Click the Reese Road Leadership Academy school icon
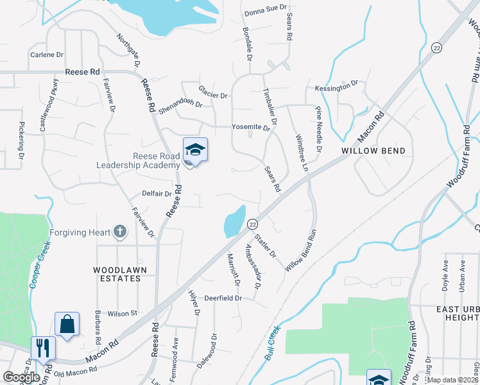[195, 150]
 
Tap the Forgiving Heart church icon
[119, 232]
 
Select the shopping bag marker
[67, 325]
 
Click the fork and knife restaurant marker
[43, 348]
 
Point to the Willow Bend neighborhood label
[373, 151]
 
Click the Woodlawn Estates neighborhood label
[117, 274]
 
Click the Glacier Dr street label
[213, 94]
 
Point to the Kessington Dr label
[336, 86]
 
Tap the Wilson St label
[123, 313]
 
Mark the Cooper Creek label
[39, 264]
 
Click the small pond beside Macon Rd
[234, 222]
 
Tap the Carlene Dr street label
[47, 55]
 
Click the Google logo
[21, 377]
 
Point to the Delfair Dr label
[157, 193]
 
